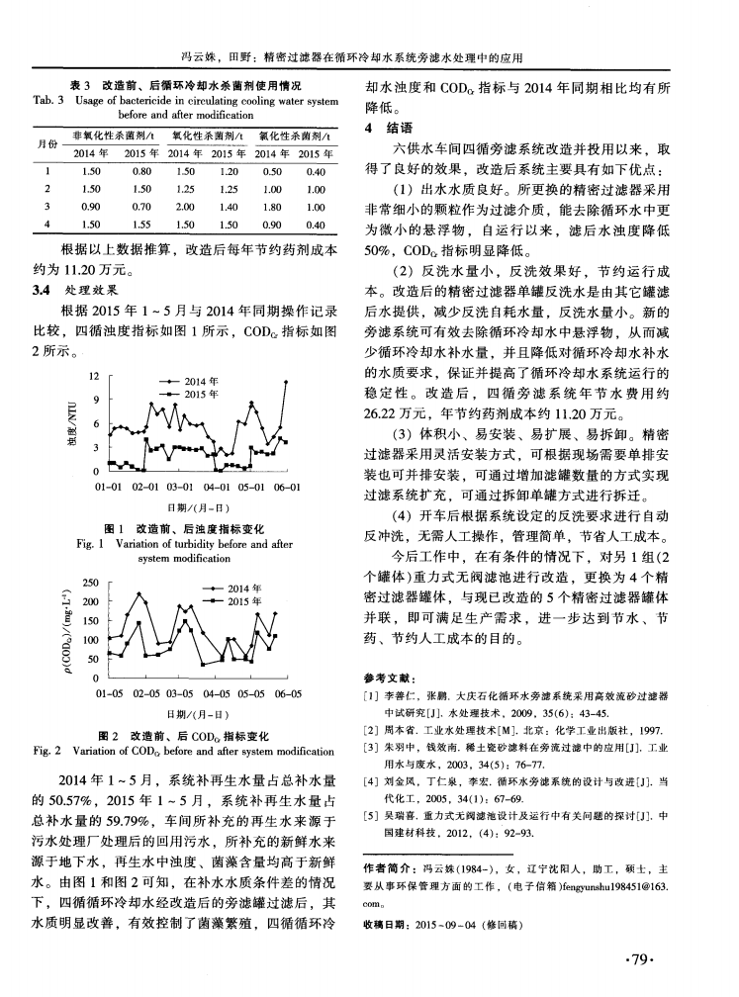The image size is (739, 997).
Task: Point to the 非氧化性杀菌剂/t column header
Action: click(101, 134)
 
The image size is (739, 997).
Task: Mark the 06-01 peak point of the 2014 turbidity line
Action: click(287, 382)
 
